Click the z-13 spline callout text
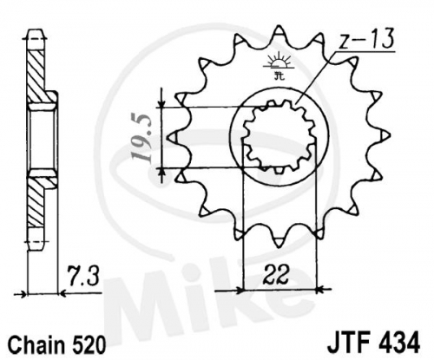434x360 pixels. click(366, 39)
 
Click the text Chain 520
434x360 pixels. click(56, 345)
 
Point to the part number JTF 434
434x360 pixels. click(374, 343)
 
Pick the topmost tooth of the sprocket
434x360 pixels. click(279, 33)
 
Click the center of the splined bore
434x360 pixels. click(279, 137)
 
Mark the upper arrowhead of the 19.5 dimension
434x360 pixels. click(162, 103)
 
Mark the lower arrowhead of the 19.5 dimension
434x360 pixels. click(162, 172)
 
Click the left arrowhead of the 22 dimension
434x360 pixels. click(239, 290)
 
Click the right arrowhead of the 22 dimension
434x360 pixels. click(321, 289)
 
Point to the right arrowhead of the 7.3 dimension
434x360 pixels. click(62, 294)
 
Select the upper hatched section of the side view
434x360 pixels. click(36, 76)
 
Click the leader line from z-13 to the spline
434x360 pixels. click(316, 77)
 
